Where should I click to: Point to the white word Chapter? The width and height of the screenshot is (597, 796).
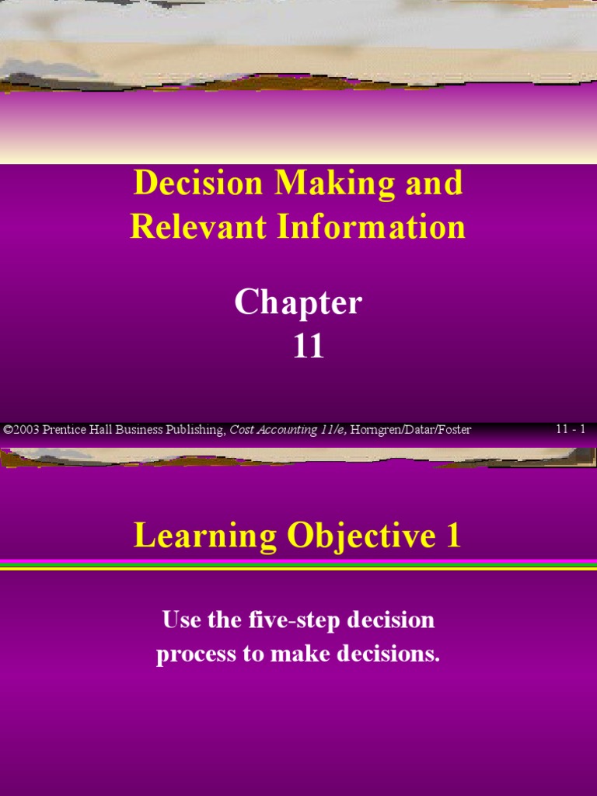click(298, 303)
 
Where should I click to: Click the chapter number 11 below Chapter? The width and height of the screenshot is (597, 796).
click(308, 347)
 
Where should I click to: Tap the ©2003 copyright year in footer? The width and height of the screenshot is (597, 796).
click(21, 430)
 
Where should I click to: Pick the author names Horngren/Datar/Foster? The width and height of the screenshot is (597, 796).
click(411, 430)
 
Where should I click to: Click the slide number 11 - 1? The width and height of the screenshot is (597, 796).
click(571, 429)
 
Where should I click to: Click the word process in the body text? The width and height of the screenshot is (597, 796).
click(195, 655)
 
